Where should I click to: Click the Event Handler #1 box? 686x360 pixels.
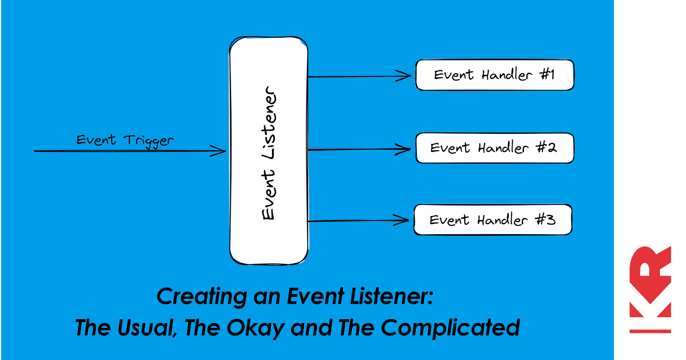[494, 75]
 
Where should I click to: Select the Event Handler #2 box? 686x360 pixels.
[494, 148]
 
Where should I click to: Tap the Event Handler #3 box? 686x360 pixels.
[493, 220]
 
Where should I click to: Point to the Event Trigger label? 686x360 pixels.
[125, 140]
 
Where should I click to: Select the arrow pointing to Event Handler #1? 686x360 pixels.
[357, 76]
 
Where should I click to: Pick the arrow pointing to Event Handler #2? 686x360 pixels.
[357, 149]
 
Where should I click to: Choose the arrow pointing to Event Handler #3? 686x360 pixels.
[357, 221]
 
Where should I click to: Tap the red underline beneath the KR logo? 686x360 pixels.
[650, 331]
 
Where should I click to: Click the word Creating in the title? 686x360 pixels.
[202, 297]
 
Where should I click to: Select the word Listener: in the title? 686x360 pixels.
[392, 297]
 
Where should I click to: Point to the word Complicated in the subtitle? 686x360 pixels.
[450, 328]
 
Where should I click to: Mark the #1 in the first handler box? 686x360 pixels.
[547, 75]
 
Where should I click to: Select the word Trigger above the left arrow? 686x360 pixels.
[149, 141]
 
